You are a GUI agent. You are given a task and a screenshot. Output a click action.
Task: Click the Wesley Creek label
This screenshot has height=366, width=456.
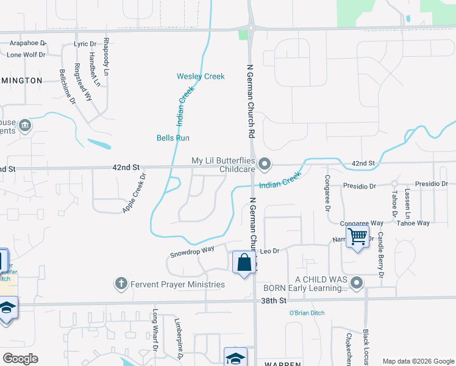pos(201,76)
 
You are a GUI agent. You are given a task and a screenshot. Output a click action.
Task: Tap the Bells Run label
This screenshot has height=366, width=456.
pos(173,138)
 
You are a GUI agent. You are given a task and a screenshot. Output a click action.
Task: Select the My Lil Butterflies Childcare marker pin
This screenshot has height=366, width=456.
pos(265,163)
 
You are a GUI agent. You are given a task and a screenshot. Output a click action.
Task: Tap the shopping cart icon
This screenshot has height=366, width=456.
pos(358,235)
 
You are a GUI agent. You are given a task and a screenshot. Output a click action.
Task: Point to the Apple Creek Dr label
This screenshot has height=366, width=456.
pos(135,193)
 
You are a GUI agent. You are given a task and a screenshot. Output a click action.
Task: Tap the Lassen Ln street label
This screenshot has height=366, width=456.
pos(407,206)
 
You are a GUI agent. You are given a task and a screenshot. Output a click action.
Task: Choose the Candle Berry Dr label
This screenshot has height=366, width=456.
pos(380,255)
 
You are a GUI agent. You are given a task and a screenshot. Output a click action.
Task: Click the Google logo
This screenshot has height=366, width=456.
pos(20,359)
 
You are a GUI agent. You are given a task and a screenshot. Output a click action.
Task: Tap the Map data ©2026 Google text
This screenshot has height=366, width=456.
pos(418,361)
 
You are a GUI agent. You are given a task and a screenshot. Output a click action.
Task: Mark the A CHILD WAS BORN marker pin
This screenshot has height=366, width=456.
pos(357,282)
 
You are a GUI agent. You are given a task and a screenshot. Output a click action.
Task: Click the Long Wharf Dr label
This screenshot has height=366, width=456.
pos(155,329)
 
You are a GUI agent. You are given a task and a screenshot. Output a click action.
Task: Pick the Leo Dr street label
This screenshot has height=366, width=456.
pos(269,251)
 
